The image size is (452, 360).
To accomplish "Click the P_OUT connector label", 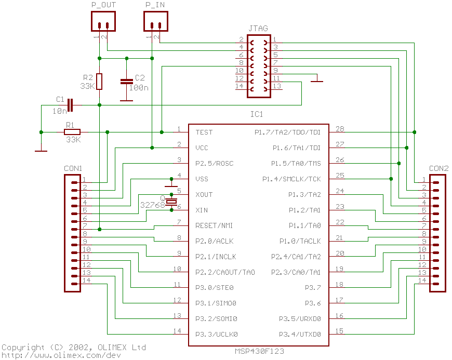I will [x=103, y=5].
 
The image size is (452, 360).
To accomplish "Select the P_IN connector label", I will [x=155, y=5].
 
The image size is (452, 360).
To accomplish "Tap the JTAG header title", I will [x=258, y=29].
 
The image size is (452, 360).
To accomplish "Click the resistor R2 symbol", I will [x=99, y=82].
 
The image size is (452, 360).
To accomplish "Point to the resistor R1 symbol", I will [x=72, y=132].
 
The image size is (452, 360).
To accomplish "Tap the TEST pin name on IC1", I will [x=204, y=132].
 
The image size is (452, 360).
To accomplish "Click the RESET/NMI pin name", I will [x=214, y=225].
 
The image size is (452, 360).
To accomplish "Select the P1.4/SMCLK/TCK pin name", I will [x=296, y=179].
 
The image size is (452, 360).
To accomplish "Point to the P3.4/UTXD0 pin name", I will [x=300, y=334].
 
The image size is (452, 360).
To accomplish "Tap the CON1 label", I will [x=73, y=168].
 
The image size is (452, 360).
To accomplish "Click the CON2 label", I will [x=439, y=168].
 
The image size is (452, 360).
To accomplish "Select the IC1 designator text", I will [x=257, y=114].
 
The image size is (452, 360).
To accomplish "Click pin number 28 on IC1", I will [x=340, y=129].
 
